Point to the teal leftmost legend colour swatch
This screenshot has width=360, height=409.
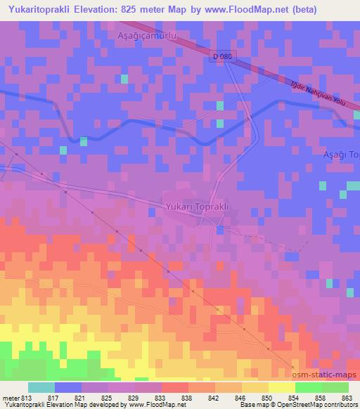click(x=41, y=387)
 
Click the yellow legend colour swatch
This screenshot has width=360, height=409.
click(x=281, y=387)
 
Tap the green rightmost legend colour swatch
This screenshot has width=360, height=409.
click(x=335, y=387)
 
